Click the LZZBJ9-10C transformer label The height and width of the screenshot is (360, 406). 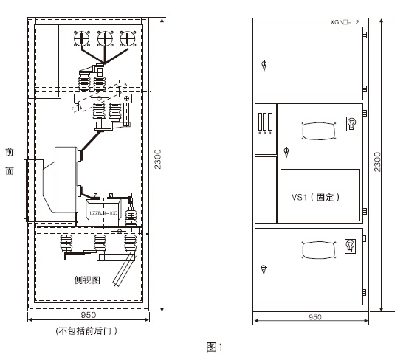(x=104, y=214)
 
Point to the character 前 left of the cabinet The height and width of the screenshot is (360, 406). (x=10, y=152)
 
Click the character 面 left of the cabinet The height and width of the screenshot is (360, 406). (x=10, y=171)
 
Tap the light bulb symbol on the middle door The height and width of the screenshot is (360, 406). (x=352, y=122)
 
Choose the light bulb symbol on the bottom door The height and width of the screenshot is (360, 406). (x=352, y=245)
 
